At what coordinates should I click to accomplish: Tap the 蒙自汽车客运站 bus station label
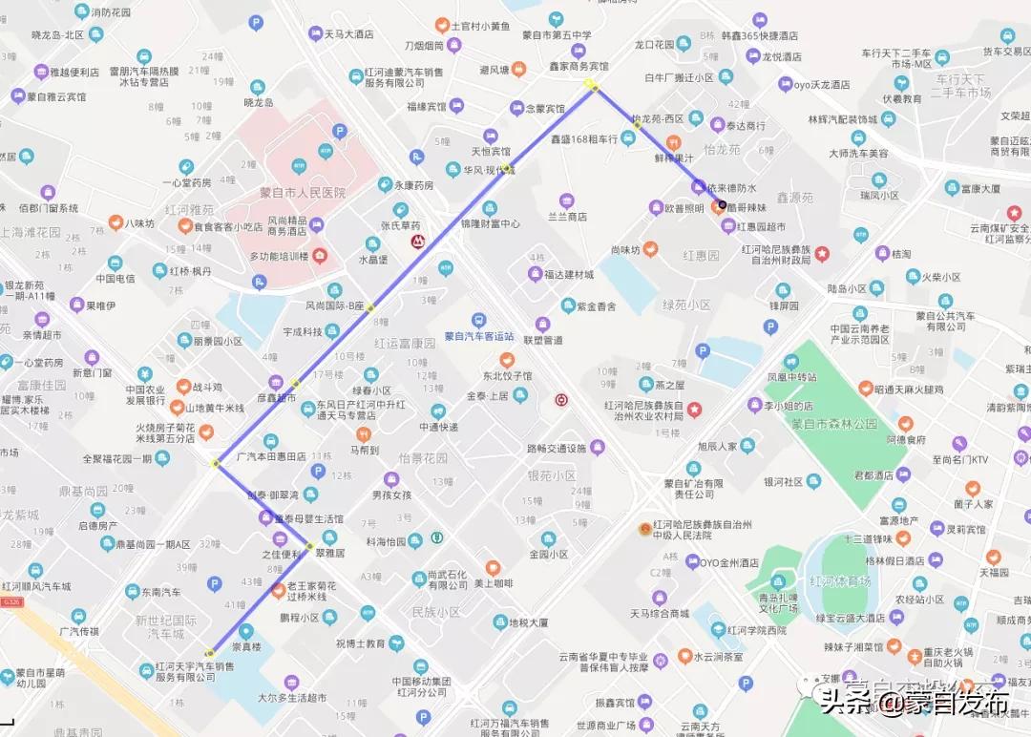[478, 335]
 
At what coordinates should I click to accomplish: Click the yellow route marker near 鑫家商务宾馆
[591, 86]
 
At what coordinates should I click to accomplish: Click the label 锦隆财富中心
[490, 223]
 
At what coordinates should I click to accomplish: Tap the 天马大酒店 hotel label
[347, 34]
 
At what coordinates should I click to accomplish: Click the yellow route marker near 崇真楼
[209, 653]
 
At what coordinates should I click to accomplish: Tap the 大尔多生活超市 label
[291, 698]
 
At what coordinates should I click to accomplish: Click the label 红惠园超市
[760, 227]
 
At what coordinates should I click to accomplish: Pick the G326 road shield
[11, 602]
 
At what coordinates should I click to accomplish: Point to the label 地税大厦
[528, 622]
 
